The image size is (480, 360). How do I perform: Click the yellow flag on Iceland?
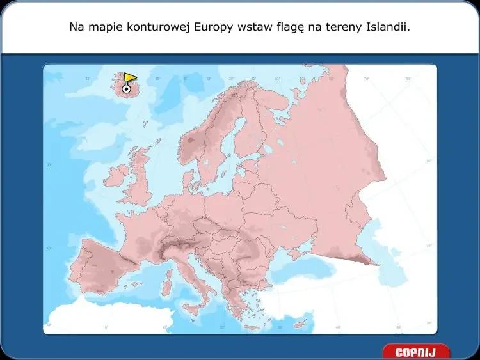click(130, 78)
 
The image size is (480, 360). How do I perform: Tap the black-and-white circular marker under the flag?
click(126, 90)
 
